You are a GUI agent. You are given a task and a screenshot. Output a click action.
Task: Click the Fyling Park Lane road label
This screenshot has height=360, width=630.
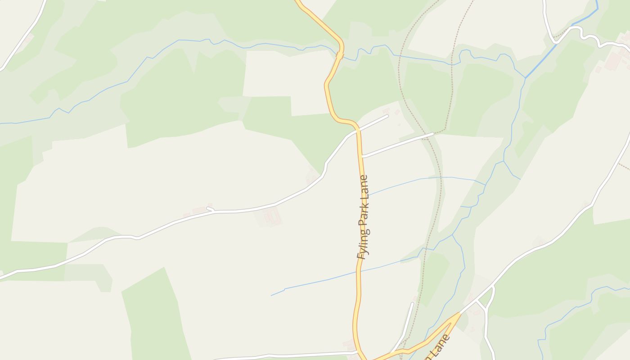363,217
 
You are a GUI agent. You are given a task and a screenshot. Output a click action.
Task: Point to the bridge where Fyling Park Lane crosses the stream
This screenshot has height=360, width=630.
340,55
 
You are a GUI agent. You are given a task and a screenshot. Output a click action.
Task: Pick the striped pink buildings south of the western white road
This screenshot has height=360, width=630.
272,217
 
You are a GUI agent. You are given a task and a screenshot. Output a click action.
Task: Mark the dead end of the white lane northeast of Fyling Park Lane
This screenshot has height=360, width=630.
387,116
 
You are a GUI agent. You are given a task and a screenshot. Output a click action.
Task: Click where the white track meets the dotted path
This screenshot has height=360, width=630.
432,134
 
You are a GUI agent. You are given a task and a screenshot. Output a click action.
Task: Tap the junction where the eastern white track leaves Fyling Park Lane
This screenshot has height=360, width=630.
363,157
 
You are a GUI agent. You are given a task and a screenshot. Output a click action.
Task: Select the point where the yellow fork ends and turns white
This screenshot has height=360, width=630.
459,313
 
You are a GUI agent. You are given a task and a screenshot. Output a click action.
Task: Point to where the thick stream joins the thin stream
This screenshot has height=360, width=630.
525,77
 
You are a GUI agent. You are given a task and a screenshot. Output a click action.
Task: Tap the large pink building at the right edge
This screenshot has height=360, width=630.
613,61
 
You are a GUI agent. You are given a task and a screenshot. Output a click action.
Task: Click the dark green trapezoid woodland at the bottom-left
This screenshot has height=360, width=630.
153,315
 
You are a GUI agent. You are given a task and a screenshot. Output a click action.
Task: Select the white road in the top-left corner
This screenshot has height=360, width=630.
22,36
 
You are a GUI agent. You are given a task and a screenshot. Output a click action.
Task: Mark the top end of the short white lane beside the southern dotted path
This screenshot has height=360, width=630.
412,303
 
